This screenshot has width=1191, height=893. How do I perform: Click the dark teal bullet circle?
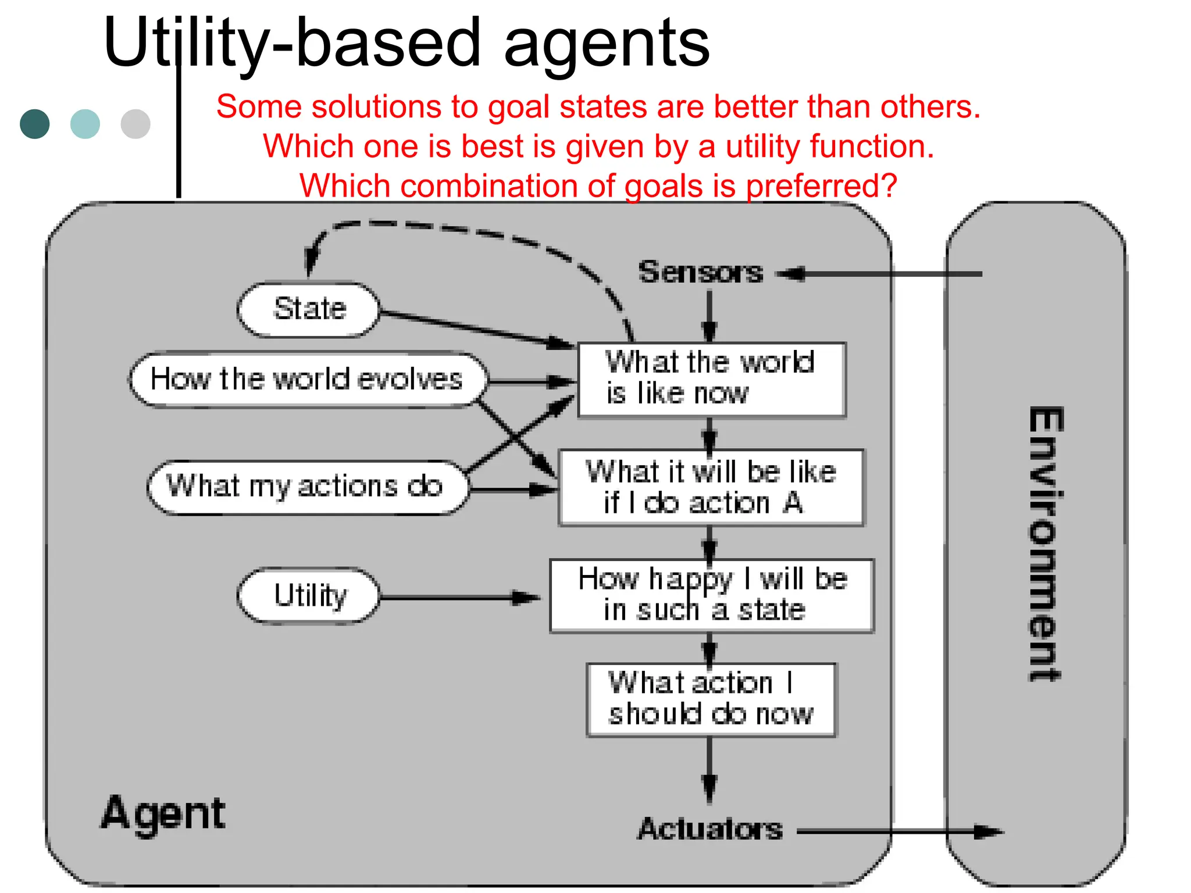click(x=34, y=124)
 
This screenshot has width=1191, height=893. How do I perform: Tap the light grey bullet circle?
click(x=135, y=124)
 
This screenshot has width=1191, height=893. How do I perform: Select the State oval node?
click(x=309, y=309)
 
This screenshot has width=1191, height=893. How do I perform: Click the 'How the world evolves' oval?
click(x=306, y=380)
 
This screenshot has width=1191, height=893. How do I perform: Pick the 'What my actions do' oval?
click(x=306, y=487)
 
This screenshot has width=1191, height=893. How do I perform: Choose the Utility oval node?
click(x=309, y=596)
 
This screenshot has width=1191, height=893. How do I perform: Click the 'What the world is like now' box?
click(x=711, y=380)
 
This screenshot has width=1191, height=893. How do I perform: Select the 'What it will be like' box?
click(x=711, y=487)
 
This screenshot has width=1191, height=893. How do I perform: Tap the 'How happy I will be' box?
click(x=711, y=595)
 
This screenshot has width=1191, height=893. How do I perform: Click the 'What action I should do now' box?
click(x=711, y=700)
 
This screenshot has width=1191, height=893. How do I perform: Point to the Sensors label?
click(x=700, y=272)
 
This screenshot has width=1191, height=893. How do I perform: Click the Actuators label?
click(x=710, y=828)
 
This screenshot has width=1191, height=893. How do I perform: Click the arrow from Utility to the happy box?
click(x=459, y=598)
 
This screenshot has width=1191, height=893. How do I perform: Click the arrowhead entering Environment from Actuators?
click(x=989, y=832)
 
